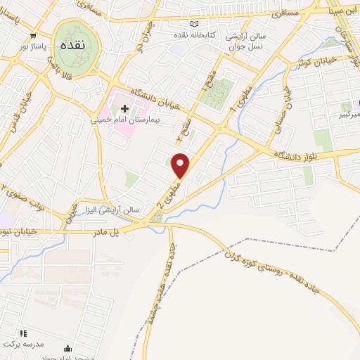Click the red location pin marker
point(181,165)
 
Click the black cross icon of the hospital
point(125,108)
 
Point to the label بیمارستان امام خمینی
point(120,120)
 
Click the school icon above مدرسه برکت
point(23,333)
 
